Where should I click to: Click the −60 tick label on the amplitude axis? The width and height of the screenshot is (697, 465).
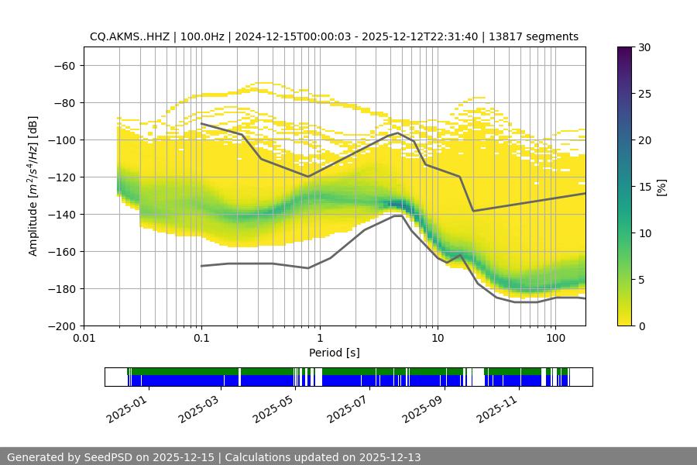[64, 65]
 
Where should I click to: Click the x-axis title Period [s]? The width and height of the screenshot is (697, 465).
[335, 353]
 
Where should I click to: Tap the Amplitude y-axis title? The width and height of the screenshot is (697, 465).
[33, 186]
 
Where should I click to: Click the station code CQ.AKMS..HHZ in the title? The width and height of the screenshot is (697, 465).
[125, 36]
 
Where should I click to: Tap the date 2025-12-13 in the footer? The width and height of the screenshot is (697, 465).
[390, 457]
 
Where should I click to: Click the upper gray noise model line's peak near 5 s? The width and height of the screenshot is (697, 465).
[398, 133]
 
